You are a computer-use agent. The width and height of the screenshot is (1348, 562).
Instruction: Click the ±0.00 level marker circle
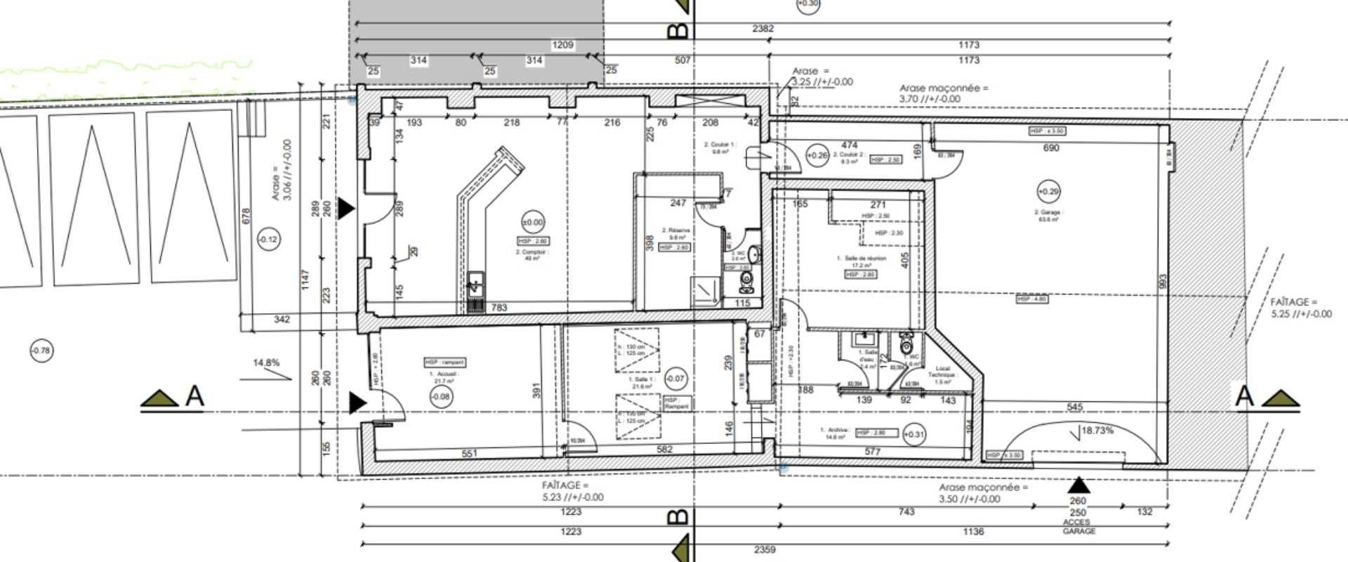(533, 223)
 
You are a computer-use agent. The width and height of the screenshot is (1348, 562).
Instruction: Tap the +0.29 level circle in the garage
(1048, 191)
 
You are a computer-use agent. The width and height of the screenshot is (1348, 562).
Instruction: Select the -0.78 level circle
(41, 351)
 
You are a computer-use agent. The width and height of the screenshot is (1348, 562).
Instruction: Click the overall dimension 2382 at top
(762, 29)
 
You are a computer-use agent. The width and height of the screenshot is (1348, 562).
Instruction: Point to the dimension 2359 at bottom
(764, 549)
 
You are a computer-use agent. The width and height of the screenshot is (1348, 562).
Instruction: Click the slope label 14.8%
(266, 363)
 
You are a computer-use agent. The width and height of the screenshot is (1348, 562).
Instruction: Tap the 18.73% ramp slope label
(1097, 431)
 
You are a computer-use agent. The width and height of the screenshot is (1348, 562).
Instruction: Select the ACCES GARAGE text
(1078, 527)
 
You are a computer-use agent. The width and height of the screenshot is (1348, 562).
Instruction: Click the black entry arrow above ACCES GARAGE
(1078, 485)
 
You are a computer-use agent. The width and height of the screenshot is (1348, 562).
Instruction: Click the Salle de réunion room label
(863, 259)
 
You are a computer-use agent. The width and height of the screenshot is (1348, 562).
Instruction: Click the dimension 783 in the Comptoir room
(498, 308)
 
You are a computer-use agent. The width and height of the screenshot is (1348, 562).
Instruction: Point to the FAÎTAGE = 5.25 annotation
(1300, 308)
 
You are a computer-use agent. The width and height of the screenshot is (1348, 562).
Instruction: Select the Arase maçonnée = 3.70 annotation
(943, 93)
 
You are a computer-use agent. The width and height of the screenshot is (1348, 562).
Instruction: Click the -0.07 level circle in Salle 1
(674, 379)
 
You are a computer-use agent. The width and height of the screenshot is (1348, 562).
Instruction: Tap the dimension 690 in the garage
(1051, 148)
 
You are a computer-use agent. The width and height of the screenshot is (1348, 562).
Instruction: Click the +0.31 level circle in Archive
(913, 435)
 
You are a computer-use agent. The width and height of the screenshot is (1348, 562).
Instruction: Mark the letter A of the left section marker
(194, 396)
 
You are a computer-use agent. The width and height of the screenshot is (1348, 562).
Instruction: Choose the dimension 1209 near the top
(562, 45)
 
